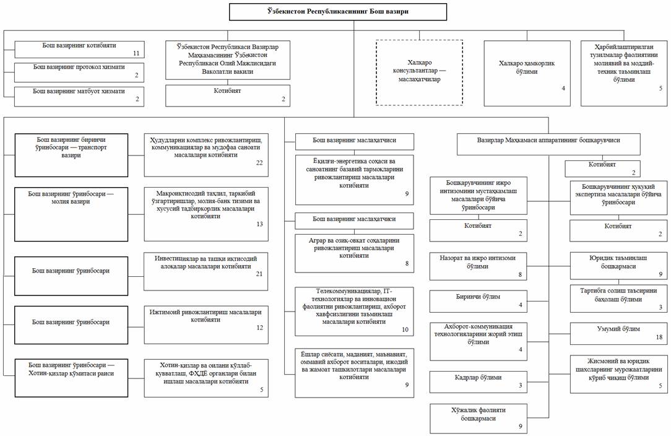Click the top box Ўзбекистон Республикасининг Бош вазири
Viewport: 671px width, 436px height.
click(338, 12)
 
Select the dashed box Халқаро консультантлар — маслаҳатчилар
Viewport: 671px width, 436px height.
click(420, 72)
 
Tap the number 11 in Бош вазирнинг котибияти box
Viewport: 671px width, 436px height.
click(136, 53)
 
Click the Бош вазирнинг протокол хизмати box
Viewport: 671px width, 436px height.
click(79, 72)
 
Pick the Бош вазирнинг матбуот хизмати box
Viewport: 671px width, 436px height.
click(79, 97)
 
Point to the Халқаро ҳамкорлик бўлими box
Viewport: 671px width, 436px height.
click(527, 73)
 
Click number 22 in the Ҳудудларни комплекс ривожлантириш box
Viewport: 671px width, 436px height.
click(259, 163)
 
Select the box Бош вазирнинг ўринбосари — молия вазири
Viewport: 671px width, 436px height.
click(71, 214)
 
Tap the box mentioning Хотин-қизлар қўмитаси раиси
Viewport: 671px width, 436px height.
click(71, 378)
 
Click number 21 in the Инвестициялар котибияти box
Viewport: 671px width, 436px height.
click(259, 274)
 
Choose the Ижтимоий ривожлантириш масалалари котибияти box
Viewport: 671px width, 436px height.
click(206, 325)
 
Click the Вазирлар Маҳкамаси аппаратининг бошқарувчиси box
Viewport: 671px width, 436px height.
click(548, 144)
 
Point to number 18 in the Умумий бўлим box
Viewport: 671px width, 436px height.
click(659, 337)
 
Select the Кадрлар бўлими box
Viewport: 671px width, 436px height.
click(478, 382)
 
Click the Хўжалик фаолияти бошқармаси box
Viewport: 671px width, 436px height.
click(478, 419)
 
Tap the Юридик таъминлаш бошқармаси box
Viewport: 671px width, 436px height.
click(618, 266)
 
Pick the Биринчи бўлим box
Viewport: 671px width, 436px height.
click(478, 301)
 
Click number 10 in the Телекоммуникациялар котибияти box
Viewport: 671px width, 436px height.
click(405, 329)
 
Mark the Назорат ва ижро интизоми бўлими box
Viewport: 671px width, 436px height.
click(478, 266)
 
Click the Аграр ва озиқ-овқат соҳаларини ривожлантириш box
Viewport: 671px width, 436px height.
click(354, 253)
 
